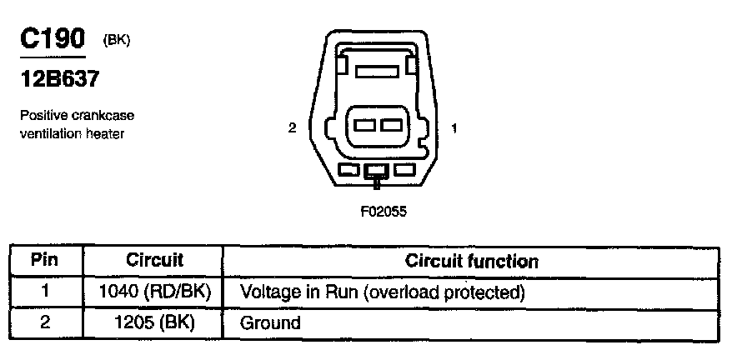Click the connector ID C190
(x=53, y=40)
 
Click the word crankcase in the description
(x=105, y=115)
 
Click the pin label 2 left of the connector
(x=292, y=127)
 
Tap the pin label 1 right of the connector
(x=454, y=127)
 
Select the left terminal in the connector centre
(x=365, y=127)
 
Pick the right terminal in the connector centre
(x=390, y=127)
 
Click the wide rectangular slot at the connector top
(x=378, y=72)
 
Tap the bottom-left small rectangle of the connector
(x=348, y=170)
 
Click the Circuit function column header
(x=471, y=260)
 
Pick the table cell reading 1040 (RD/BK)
(x=153, y=292)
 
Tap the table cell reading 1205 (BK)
(x=153, y=322)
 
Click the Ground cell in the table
(x=269, y=322)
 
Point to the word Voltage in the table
(x=267, y=292)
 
